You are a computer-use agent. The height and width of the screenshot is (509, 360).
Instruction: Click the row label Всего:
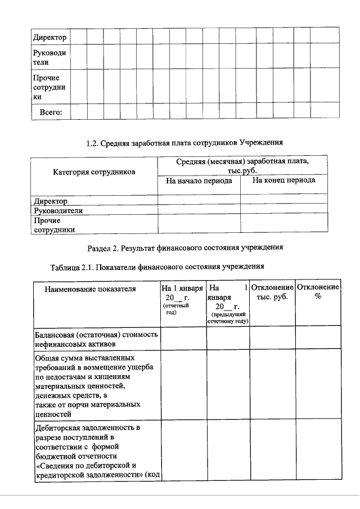[x=51, y=112]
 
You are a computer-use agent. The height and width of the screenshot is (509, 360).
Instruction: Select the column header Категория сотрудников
[x=94, y=172]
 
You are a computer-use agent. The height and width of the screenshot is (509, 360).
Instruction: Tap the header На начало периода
[x=199, y=181]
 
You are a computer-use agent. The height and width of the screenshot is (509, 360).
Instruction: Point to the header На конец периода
[x=283, y=181]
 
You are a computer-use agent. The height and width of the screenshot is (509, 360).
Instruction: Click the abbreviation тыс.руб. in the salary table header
[x=242, y=171]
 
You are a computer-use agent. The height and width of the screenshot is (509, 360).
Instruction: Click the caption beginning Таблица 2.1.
[x=157, y=266]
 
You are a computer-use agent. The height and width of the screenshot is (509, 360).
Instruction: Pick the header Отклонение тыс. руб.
[x=273, y=292]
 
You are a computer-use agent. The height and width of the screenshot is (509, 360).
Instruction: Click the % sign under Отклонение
[x=318, y=297]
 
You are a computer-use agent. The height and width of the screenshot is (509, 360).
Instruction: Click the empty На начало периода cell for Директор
[x=199, y=201]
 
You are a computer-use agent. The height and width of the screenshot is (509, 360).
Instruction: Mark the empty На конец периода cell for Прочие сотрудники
[x=283, y=224]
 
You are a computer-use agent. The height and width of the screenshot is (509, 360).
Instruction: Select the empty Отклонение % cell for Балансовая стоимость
[x=318, y=337]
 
